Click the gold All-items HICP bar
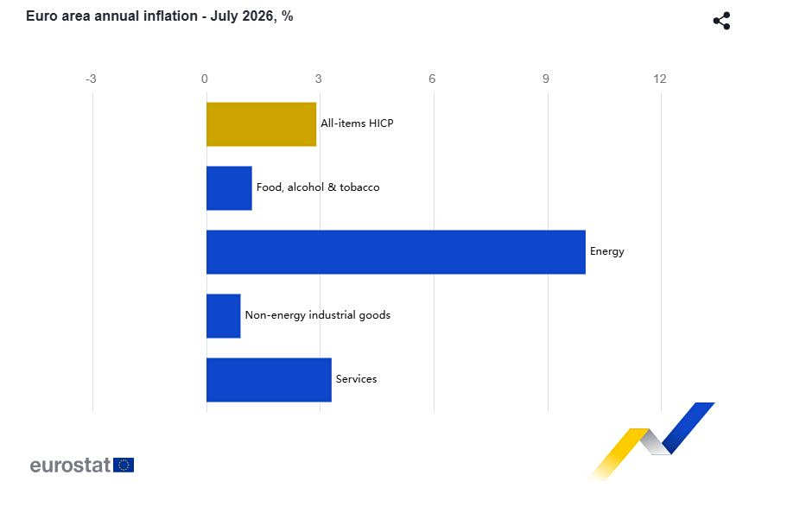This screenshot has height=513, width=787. [x=262, y=124]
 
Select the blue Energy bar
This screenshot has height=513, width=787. [x=396, y=252]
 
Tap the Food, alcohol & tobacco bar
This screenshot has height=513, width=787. [x=230, y=188]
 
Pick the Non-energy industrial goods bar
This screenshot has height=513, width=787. [x=224, y=316]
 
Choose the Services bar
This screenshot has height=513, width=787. [x=269, y=380]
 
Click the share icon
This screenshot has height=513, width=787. [x=721, y=21]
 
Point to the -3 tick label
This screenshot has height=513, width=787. [x=91, y=79]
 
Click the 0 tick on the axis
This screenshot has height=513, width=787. [x=204, y=79]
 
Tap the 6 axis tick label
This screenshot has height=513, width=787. [x=432, y=79]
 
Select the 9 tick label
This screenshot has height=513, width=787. [x=546, y=79]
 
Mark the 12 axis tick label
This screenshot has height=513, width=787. [x=659, y=79]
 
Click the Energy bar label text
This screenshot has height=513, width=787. [x=606, y=251]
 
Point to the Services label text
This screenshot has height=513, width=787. [x=357, y=379]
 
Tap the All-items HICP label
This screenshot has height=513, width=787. [x=357, y=123]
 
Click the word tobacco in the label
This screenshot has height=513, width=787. [x=359, y=187]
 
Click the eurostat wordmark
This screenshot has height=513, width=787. [x=70, y=465]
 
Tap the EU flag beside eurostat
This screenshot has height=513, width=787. [x=124, y=465]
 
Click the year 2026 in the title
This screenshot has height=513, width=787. [x=258, y=16]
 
